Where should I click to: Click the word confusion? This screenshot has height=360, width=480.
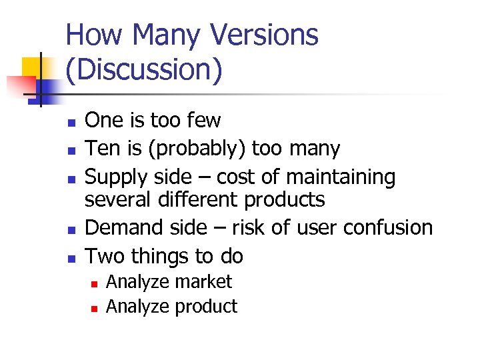click(x=388, y=227)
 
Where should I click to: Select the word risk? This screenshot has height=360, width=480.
click(x=249, y=227)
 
